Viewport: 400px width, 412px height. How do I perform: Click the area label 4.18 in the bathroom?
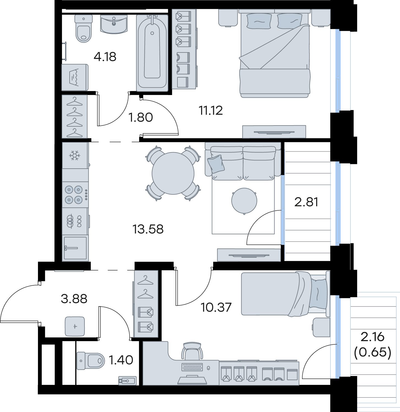[105, 57]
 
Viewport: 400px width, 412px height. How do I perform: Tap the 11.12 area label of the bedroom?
[211, 110]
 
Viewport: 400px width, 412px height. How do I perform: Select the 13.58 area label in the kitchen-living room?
[148, 229]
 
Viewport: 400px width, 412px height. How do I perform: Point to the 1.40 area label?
[121, 360]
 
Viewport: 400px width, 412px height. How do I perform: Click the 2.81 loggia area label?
[306, 202]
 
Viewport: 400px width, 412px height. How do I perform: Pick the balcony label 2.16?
[372, 337]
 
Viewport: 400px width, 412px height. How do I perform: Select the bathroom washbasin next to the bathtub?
[114, 24]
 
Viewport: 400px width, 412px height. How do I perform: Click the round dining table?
[173, 173]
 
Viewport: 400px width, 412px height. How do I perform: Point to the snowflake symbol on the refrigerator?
[75, 155]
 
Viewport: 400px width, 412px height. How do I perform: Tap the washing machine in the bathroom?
[75, 77]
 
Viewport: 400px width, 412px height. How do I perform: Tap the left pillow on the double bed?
[259, 21]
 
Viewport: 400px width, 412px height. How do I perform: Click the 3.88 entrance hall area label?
[74, 299]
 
